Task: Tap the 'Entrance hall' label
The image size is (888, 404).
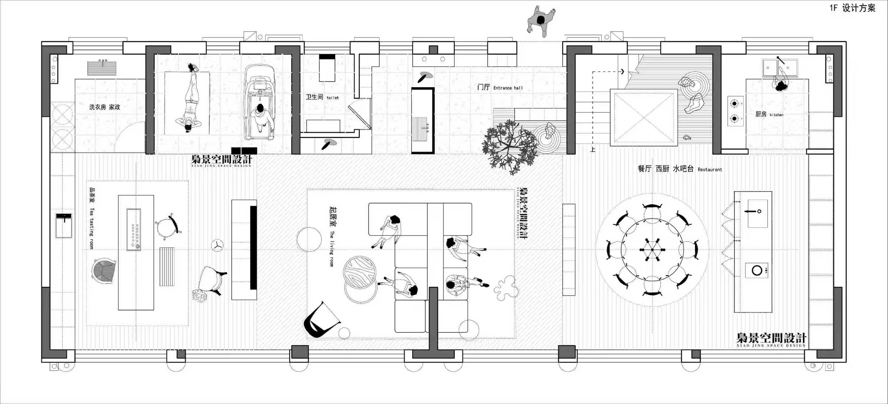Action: point(508,88)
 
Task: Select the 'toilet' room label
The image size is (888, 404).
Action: point(333,98)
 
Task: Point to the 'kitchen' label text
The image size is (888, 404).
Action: point(777,115)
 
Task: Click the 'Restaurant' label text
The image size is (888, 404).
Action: point(710,169)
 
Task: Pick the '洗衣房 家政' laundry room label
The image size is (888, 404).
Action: point(105,107)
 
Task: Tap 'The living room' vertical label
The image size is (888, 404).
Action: point(331,249)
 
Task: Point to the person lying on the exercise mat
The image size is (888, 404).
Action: point(189,99)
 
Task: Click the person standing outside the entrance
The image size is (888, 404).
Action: point(540,20)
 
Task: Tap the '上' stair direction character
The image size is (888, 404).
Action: point(592,150)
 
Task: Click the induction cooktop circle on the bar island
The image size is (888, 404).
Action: point(757,270)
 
